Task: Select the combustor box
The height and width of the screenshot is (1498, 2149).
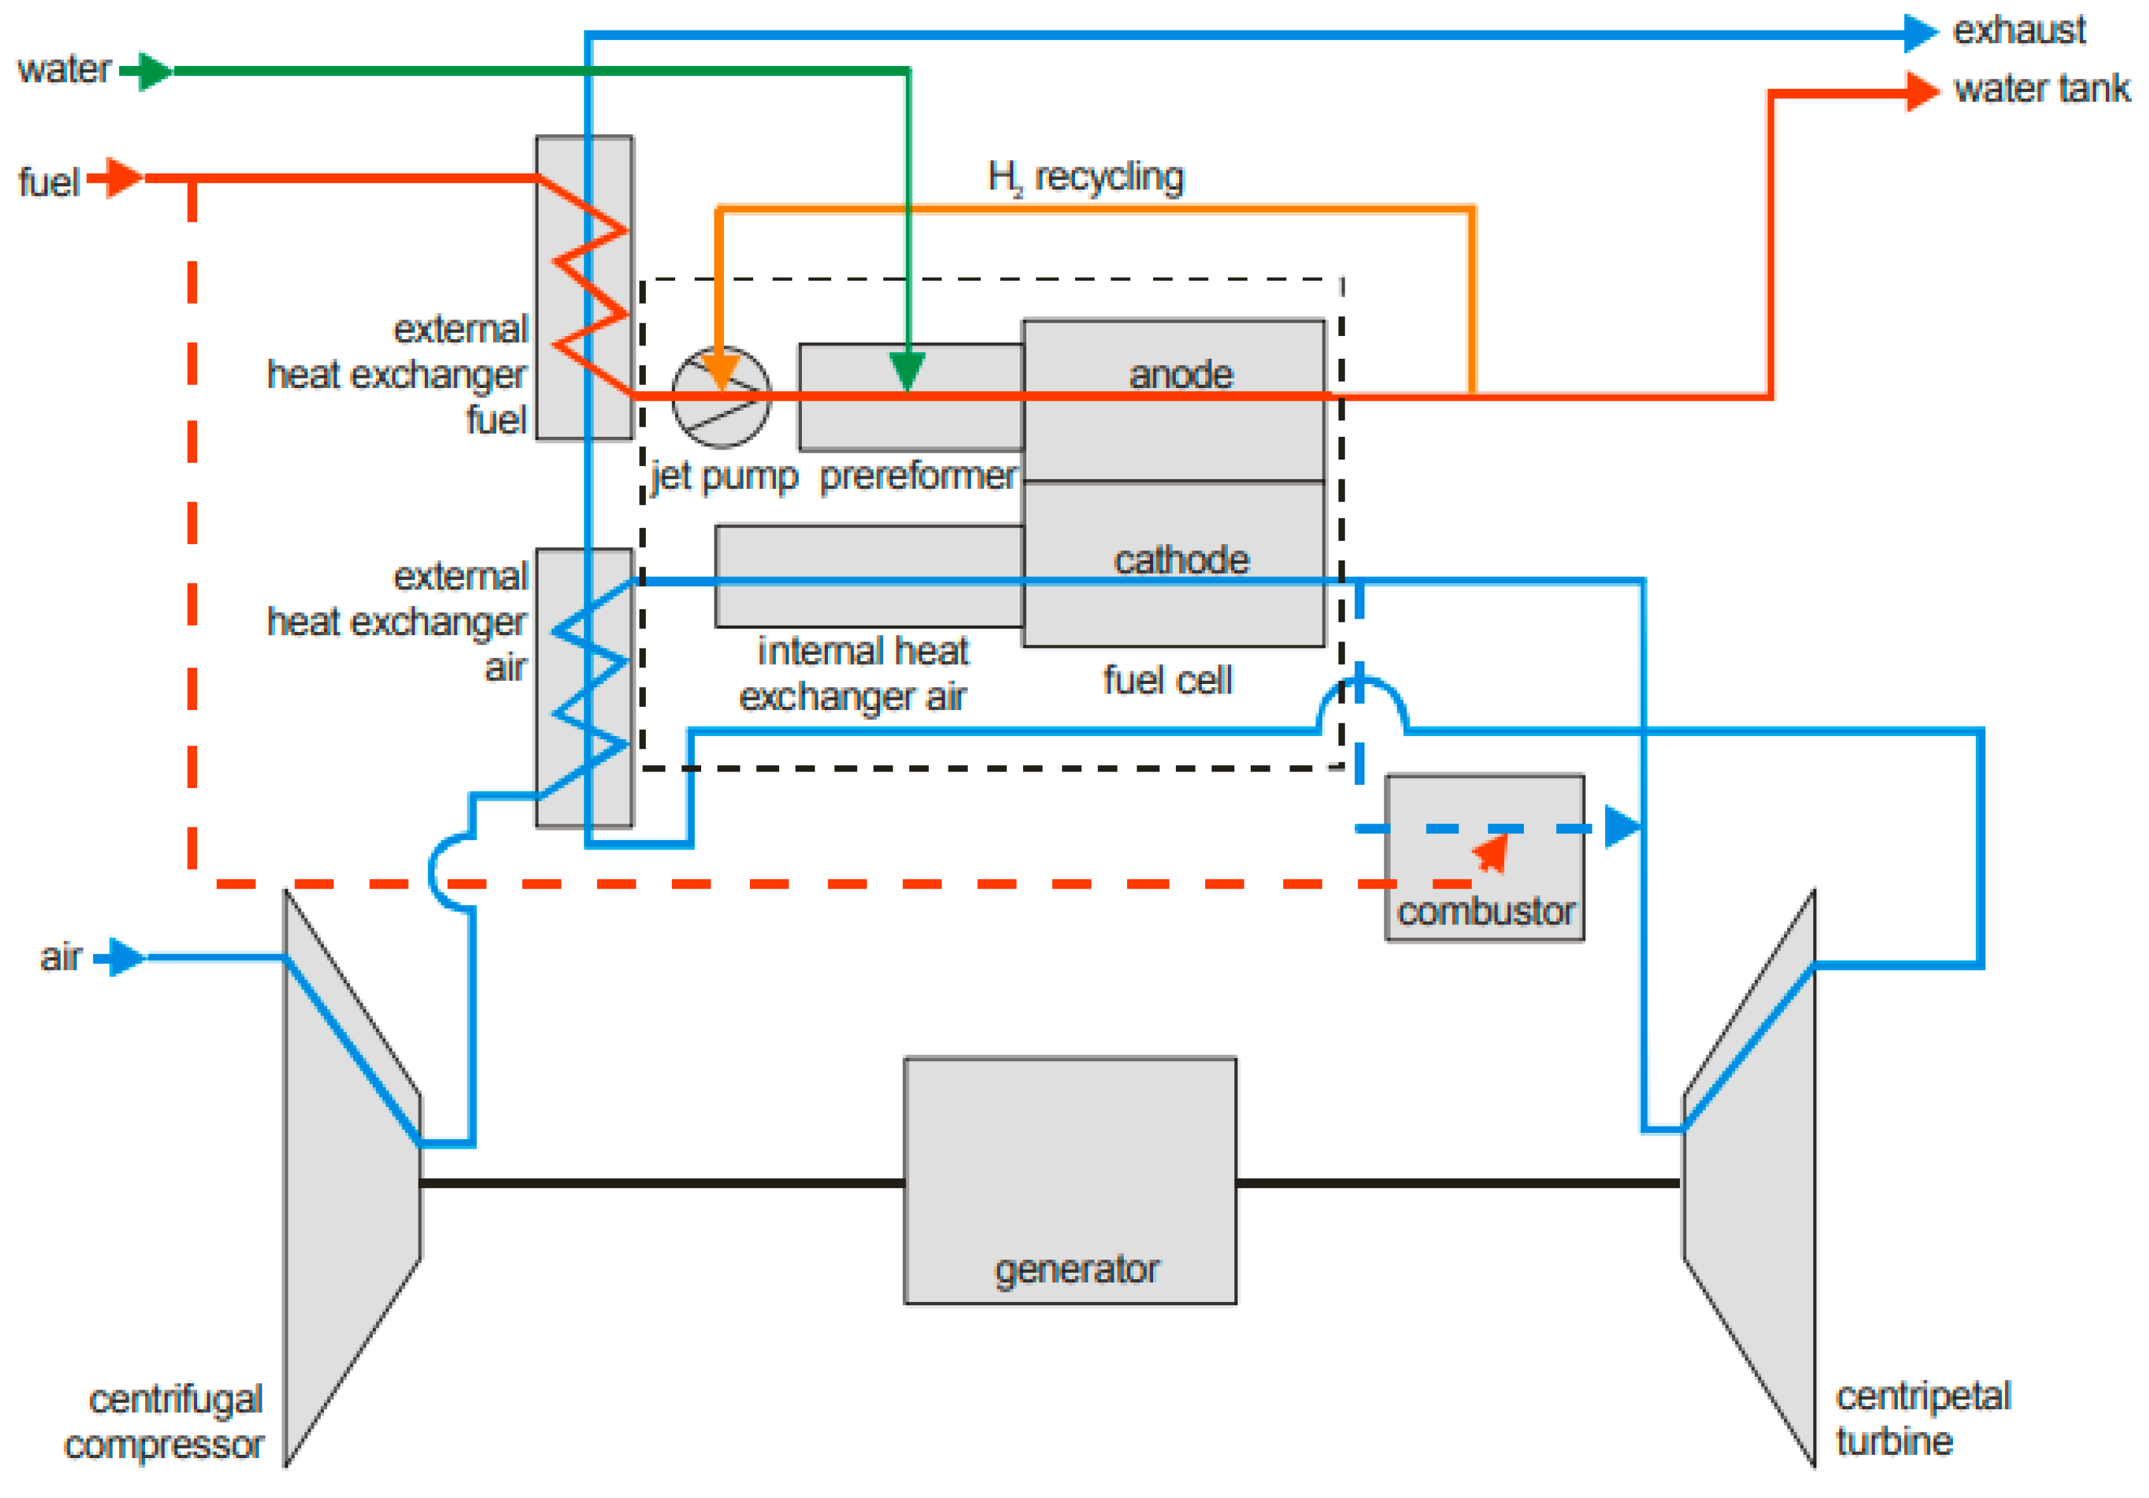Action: pyautogui.click(x=1485, y=856)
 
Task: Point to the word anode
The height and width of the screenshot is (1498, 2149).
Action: pyautogui.click(x=1180, y=375)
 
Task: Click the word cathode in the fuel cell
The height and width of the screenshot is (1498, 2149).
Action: pyautogui.click(x=1180, y=560)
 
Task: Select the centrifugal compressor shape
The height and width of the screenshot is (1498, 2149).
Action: pyautogui.click(x=351, y=1180)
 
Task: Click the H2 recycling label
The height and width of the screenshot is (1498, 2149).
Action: pyautogui.click(x=1086, y=176)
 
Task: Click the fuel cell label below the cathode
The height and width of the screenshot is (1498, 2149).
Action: pyautogui.click(x=1167, y=680)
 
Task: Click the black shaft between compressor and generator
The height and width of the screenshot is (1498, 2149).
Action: pyautogui.click(x=661, y=1182)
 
